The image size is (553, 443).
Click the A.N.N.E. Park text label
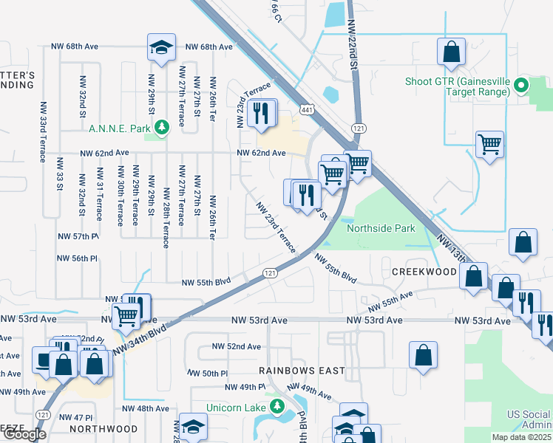pos(119,128)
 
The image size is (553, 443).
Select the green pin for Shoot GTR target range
pos(520,86)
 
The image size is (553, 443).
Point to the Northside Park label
pos(381,229)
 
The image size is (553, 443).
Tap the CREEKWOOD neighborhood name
pos(424,272)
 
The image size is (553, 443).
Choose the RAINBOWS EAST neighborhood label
pos(298,370)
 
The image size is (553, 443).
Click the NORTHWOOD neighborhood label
pos(104,428)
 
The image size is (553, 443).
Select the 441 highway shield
pos(307,109)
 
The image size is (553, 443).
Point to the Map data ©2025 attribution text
pos(522,437)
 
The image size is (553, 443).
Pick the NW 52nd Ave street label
pos(237,346)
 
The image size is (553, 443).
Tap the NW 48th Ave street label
pos(146,408)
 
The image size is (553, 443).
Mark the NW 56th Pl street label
pos(78,258)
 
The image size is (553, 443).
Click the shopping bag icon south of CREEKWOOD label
pos(422,354)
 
